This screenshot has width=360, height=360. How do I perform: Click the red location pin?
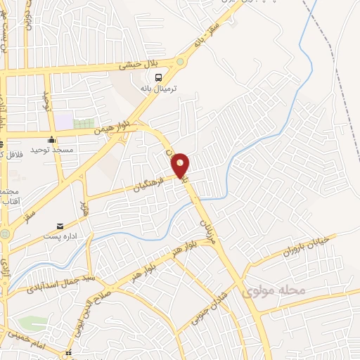point(181,165)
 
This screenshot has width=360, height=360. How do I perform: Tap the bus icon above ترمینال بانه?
point(158,77)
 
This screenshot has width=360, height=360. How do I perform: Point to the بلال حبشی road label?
point(136,65)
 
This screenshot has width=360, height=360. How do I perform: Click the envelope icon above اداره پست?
point(60,227)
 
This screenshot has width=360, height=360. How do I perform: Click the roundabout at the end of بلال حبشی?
point(181,61)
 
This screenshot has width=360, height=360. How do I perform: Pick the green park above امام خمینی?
point(32,324)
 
